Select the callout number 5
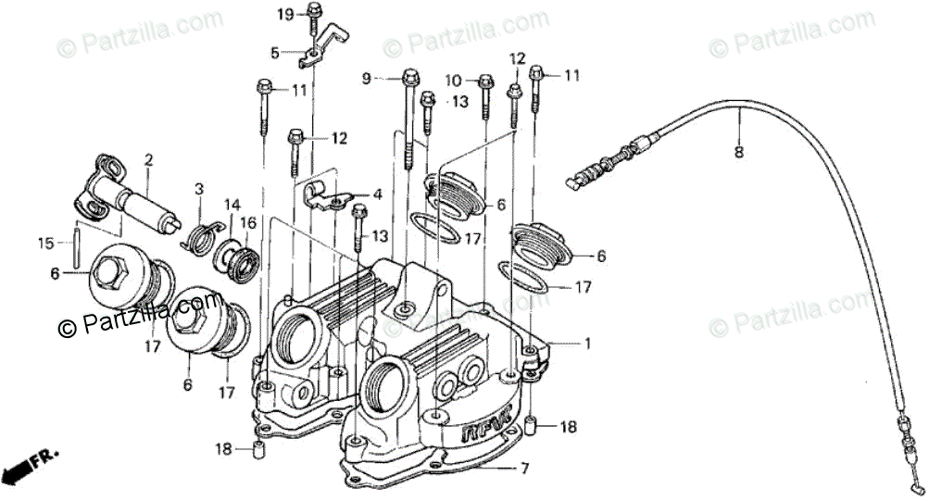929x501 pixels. tap(274, 53)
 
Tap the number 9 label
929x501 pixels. tap(366, 79)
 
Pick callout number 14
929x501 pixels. tap(232, 205)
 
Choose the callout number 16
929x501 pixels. tap(248, 222)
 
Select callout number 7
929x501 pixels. tap(525, 469)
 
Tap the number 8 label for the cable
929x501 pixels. tap(738, 154)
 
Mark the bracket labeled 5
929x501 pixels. tap(320, 51)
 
